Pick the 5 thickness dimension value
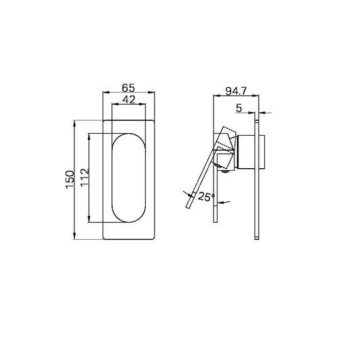pos(240,106)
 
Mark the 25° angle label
pos(207,197)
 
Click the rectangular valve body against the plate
pos(251,151)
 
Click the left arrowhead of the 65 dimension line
pos(105,93)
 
